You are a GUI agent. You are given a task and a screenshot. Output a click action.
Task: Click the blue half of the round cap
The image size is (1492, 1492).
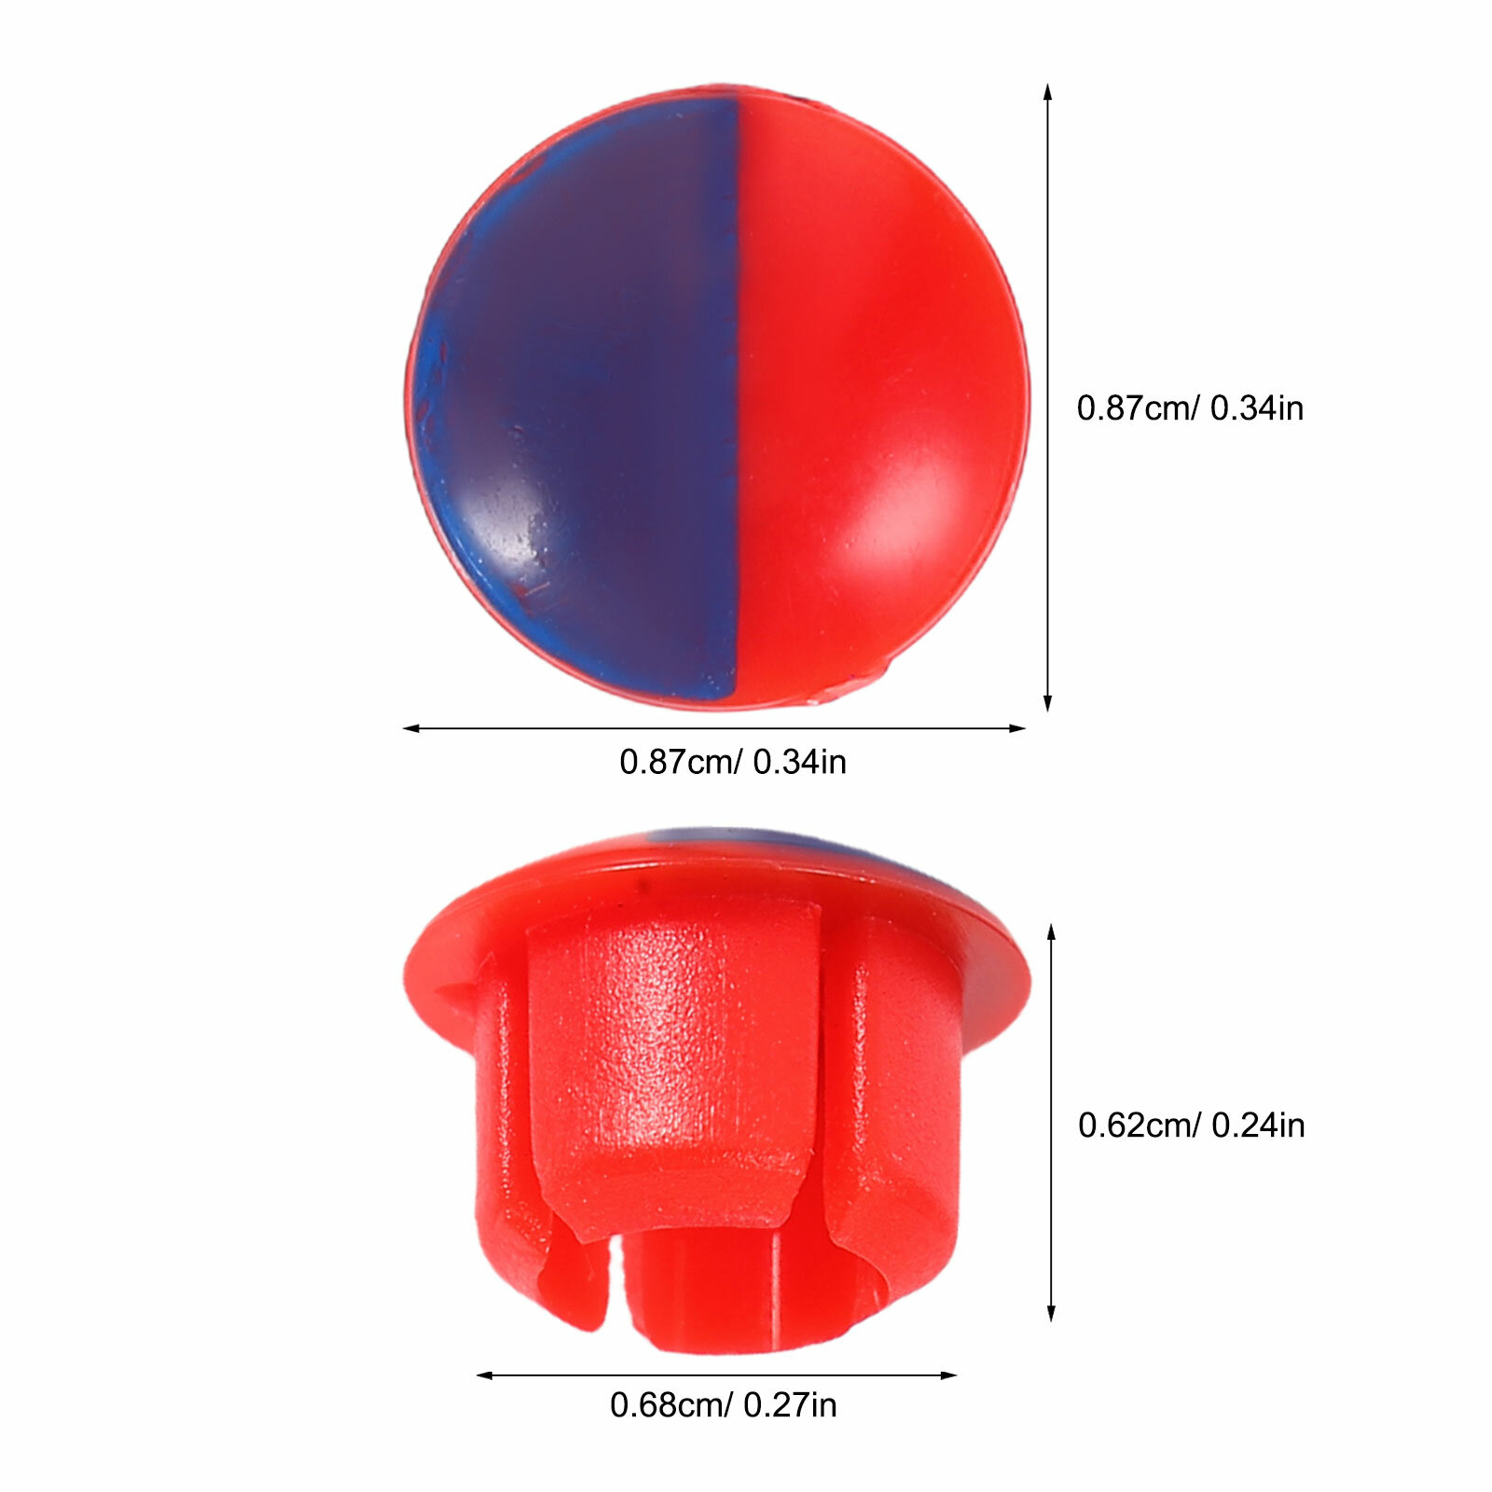point(578,401)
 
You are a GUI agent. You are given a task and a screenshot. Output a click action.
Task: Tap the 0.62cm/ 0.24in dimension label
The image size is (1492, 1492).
point(1191,1126)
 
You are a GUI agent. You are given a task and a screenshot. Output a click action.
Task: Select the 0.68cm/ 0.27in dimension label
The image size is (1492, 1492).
point(724,1405)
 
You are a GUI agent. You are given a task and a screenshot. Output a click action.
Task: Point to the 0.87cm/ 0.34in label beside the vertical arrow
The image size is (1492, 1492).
point(1190,408)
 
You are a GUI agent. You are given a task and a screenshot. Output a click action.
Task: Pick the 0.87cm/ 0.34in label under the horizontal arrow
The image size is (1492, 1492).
point(733,762)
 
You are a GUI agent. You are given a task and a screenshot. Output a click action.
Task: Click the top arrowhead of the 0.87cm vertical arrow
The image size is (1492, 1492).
point(1048,91)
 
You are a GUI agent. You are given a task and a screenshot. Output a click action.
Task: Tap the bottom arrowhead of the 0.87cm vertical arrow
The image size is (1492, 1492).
point(1048,704)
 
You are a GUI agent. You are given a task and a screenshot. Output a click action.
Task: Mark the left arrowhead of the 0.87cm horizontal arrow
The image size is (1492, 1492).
point(410,728)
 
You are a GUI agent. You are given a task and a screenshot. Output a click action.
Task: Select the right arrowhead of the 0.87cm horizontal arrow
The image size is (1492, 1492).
point(1017,728)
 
